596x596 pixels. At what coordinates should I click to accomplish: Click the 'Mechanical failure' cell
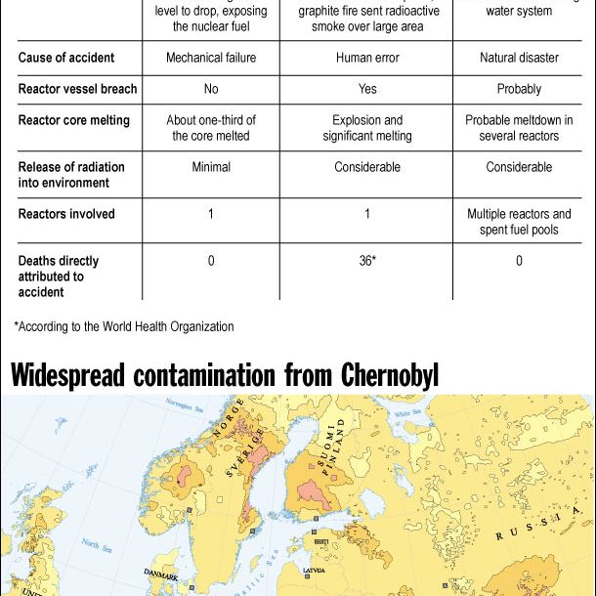(210, 58)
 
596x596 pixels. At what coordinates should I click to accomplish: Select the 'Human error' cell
(367, 58)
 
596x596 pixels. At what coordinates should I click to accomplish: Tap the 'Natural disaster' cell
(519, 58)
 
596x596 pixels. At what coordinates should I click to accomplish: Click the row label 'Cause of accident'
(66, 58)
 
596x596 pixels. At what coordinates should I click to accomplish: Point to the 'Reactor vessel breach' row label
(77, 89)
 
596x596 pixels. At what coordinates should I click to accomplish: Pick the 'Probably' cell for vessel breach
(519, 89)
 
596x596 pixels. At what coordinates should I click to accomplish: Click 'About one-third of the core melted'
(211, 128)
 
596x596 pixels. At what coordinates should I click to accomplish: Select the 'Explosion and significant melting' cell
(367, 128)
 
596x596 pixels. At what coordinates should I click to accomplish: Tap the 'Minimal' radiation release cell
(211, 167)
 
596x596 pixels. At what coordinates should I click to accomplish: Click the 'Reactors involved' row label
(66, 214)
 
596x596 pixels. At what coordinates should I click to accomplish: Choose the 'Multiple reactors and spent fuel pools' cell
(519, 222)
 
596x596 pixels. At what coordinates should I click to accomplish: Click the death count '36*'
(367, 261)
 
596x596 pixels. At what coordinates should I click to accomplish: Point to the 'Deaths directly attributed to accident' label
(59, 277)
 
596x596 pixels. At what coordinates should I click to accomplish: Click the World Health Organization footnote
(124, 327)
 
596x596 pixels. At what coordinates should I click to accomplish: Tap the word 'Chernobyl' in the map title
(390, 374)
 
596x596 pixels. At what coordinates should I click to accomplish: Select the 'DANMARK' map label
(161, 574)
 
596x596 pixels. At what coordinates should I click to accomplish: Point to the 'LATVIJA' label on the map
(315, 570)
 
